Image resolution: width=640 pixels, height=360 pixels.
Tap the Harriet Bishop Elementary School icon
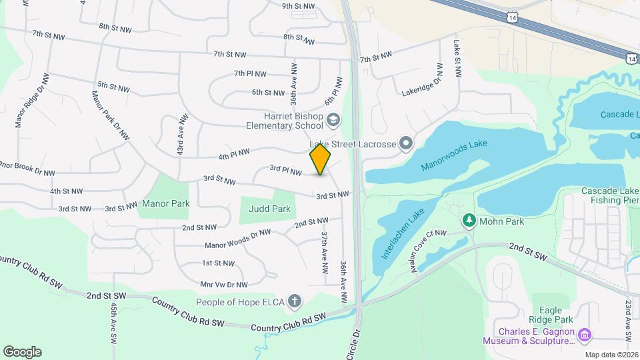(x=333, y=120)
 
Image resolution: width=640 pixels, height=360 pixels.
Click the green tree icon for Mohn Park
(x=469, y=220)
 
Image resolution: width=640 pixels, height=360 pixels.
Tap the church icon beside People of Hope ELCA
(x=295, y=302)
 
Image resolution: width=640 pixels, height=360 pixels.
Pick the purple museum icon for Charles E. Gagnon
(x=584, y=333)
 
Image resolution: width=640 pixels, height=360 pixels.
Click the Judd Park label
(x=269, y=209)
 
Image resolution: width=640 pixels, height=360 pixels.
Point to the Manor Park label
(x=166, y=203)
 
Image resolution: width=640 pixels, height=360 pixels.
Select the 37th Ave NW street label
(x=325, y=252)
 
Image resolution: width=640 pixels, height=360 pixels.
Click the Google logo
(x=22, y=351)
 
